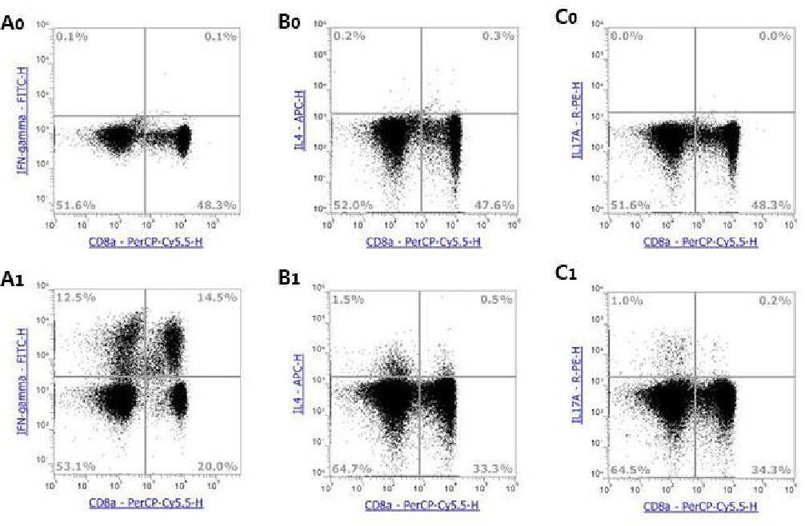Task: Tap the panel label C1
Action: click(570, 279)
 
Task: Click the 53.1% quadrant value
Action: click(72, 466)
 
